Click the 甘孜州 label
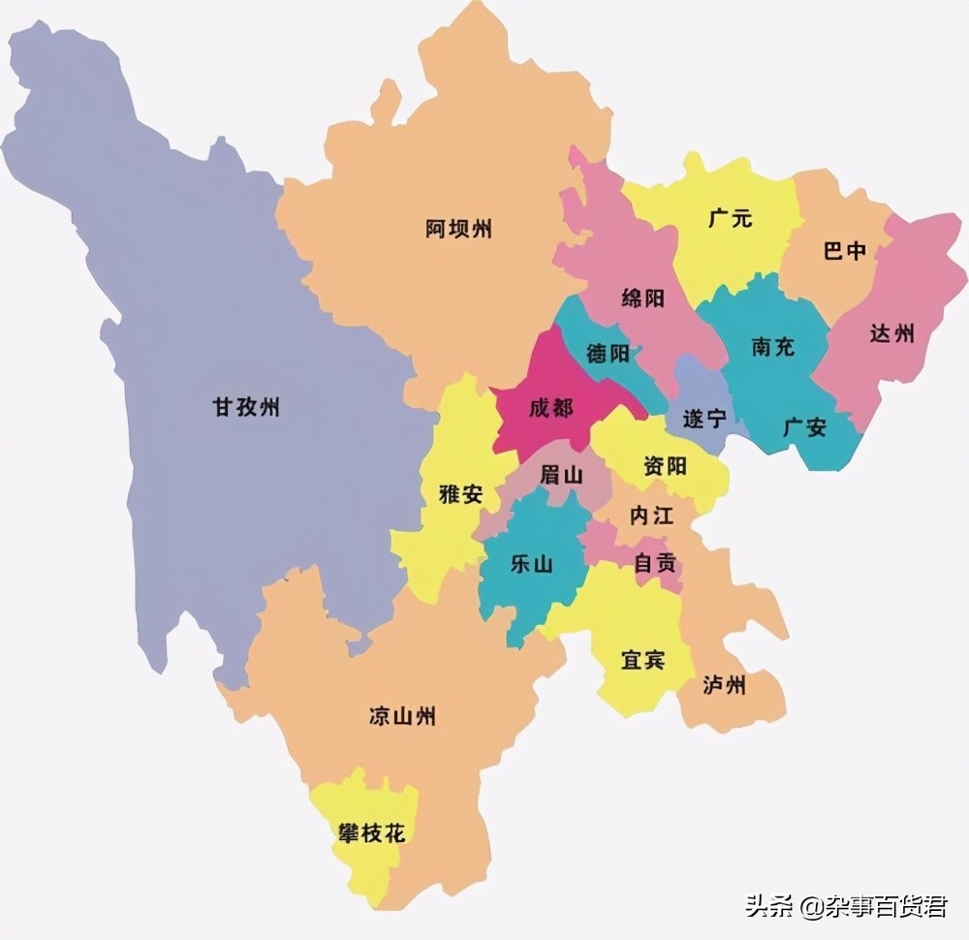coord(246,407)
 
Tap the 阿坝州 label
coord(458,230)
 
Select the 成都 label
coord(550,408)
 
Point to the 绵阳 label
coord(642,298)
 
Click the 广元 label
coord(730,218)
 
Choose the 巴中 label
coord(844,251)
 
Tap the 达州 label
coord(891,334)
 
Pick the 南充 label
coord(772,346)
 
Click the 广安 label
coord(804,426)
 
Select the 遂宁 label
coord(704,419)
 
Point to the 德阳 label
coord(608,354)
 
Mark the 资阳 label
coord(665,466)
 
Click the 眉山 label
coord(561,475)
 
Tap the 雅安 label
coord(460,493)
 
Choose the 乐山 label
coord(531,563)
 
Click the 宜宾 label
coord(642,661)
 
